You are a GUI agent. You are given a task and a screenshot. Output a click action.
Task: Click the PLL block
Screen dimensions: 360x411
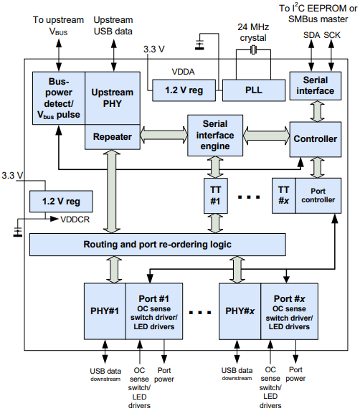[x=254, y=90]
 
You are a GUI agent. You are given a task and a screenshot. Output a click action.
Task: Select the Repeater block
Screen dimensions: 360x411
[x=113, y=137]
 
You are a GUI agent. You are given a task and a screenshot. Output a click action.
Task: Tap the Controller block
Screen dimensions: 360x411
[x=316, y=139]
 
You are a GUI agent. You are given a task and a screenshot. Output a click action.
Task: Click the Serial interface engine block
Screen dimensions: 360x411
[x=215, y=136]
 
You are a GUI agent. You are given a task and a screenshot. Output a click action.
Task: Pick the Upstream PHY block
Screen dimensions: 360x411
[x=113, y=98]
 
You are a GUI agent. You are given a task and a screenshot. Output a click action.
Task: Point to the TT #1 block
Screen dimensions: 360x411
[x=215, y=196]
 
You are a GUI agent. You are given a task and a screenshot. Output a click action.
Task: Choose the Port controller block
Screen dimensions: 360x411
[x=318, y=196]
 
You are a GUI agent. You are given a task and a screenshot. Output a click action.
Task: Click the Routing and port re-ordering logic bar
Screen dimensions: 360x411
[x=158, y=245]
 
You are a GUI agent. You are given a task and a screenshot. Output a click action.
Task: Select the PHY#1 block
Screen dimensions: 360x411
[x=105, y=311]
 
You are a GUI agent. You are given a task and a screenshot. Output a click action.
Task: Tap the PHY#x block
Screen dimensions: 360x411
[x=240, y=311]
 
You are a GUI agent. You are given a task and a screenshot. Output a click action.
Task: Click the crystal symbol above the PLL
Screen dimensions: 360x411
[x=253, y=49]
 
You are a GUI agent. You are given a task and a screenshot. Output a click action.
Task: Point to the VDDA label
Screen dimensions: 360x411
[x=183, y=72]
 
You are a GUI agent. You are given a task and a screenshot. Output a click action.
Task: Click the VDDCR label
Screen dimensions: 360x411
[x=75, y=219]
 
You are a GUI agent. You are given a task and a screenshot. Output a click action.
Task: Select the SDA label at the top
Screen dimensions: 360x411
[x=311, y=35]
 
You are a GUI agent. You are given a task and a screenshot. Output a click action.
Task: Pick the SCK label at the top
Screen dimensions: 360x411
[x=332, y=35]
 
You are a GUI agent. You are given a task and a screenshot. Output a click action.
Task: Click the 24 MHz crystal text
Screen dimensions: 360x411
[x=253, y=32]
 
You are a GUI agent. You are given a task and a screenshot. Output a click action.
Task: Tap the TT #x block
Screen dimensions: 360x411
[x=284, y=196]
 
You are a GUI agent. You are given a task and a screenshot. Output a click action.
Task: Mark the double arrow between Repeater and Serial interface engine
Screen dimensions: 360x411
[x=164, y=135]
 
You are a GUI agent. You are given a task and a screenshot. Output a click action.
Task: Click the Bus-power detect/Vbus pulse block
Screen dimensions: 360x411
[x=59, y=98]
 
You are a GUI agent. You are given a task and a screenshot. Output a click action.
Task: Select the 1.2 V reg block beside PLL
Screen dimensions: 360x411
[x=184, y=90]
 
